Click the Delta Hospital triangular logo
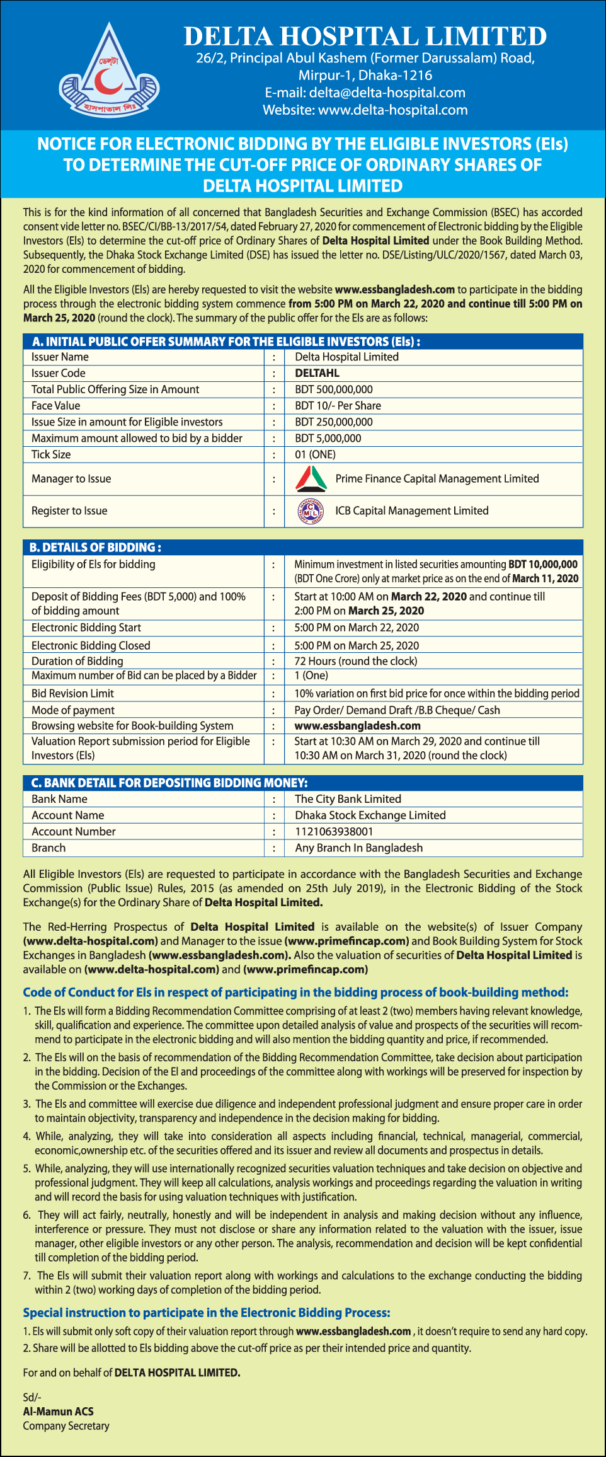click(109, 71)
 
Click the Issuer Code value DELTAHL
click(317, 373)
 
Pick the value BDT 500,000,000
click(334, 389)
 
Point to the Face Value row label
click(56, 406)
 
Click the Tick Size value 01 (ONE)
click(315, 454)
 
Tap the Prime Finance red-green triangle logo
click(311, 479)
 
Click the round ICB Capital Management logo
click(311, 511)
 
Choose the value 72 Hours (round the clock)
click(356, 661)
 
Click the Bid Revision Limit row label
click(72, 693)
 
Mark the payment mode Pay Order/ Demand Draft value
click(397, 710)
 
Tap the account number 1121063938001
click(334, 832)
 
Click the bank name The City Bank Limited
click(348, 799)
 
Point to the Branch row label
click(49, 848)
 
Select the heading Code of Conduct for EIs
click(295, 993)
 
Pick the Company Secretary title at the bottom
click(66, 1426)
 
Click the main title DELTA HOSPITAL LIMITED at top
click(365, 37)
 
